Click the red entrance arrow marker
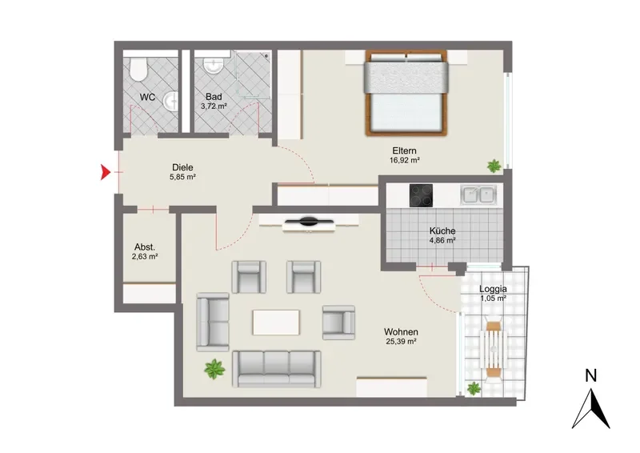(106, 172)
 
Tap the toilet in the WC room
(138, 69)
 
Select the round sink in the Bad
(213, 66)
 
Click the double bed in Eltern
(406, 93)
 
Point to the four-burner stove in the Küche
(421, 195)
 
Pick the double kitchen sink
(478, 194)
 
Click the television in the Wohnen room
(309, 222)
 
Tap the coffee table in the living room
(276, 323)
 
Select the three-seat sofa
(276, 369)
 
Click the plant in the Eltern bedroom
(494, 166)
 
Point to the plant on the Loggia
(474, 388)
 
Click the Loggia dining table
(494, 350)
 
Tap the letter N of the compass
(590, 375)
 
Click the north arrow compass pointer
(591, 408)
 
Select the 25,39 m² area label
(401, 342)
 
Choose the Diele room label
(182, 167)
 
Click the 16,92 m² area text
(405, 160)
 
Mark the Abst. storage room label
(145, 247)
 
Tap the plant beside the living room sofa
(214, 369)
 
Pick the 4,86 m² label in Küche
(442, 240)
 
